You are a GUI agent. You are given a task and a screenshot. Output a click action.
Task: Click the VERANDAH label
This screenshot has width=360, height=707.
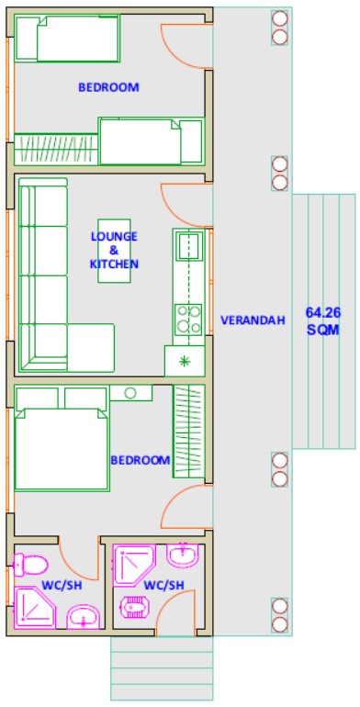point(253,320)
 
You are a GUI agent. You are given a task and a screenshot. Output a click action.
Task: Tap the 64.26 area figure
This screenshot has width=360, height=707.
point(323,312)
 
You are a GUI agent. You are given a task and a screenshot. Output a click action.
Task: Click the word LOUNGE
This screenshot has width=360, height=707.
point(114,236)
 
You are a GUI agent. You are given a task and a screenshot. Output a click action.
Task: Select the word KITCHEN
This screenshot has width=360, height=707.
point(114,264)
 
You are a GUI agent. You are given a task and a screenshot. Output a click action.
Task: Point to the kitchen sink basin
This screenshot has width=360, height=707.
point(188,246)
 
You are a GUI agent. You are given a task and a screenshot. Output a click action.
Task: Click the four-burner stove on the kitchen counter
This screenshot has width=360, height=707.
point(188,320)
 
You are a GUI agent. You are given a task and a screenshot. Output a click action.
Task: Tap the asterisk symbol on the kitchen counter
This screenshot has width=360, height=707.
point(184,361)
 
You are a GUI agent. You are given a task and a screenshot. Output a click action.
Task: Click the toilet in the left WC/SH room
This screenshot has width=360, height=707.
point(30,565)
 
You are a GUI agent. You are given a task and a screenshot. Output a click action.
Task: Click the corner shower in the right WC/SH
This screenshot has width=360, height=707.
point(134,565)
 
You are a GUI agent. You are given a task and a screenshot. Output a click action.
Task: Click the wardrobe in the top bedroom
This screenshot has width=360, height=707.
point(56,150)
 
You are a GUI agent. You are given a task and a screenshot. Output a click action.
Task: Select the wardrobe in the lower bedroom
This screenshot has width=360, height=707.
point(189,432)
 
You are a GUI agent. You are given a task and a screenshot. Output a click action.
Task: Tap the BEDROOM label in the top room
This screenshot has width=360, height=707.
point(108,87)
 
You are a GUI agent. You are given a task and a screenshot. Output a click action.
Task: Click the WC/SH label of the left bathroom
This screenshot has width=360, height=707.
point(62,585)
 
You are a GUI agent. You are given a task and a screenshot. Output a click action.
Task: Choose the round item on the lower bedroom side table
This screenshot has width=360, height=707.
point(130,393)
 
